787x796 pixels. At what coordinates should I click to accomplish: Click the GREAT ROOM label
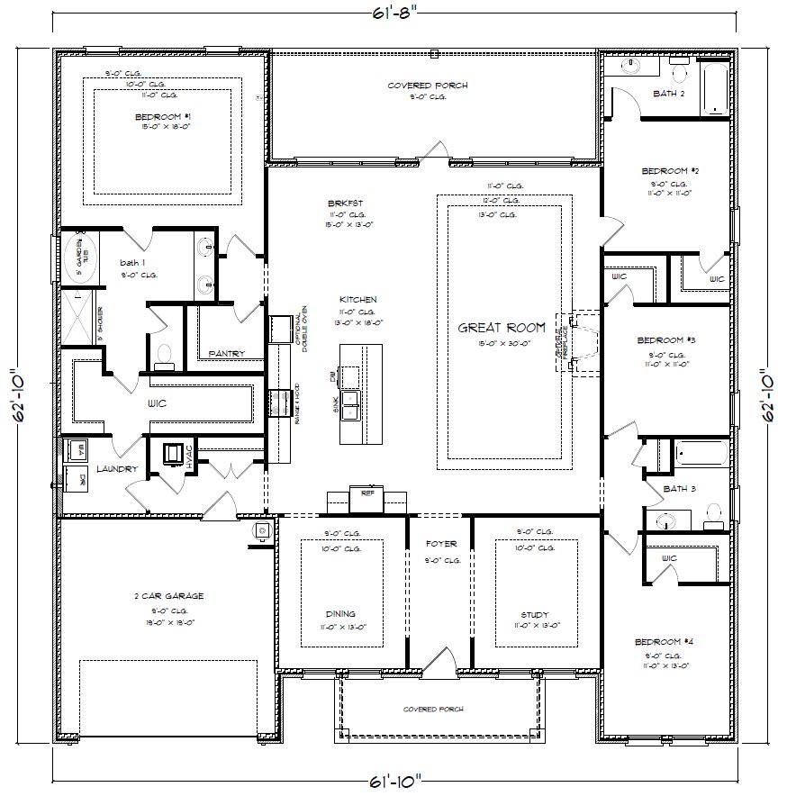pyautogui.click(x=502, y=328)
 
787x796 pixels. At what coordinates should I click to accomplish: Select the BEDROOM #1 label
pyautogui.click(x=163, y=117)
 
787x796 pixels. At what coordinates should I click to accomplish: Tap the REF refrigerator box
pyautogui.click(x=367, y=493)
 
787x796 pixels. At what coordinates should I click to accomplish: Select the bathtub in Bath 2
pyautogui.click(x=715, y=89)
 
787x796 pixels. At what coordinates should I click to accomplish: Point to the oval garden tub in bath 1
pyautogui.click(x=78, y=258)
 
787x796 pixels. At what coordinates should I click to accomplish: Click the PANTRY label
pyautogui.click(x=227, y=353)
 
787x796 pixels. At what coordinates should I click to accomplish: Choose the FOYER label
pyautogui.click(x=441, y=544)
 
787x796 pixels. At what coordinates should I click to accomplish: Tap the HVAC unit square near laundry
pyautogui.click(x=173, y=455)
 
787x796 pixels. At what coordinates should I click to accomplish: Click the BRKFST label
pyautogui.click(x=340, y=204)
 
